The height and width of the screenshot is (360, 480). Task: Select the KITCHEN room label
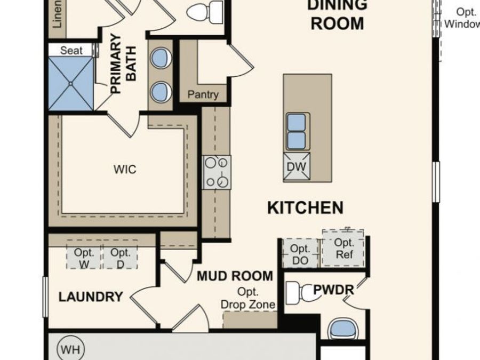tap(305, 208)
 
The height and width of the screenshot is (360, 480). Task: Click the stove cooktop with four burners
tap(217, 172)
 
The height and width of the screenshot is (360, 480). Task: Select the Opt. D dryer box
tap(121, 258)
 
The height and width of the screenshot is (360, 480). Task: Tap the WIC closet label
tap(124, 170)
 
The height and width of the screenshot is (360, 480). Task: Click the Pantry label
tap(203, 95)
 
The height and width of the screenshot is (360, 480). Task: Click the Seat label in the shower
tap(71, 50)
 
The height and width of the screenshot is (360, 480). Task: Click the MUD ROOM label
tap(235, 277)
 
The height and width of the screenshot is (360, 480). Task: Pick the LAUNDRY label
tap(91, 297)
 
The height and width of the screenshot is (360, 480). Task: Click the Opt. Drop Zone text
tap(248, 298)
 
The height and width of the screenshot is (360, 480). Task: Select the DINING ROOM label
tap(337, 14)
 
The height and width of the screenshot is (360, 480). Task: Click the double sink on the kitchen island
tap(297, 131)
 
